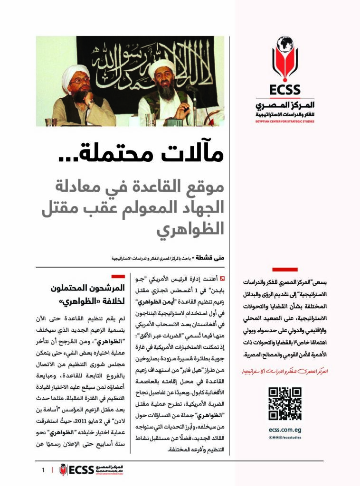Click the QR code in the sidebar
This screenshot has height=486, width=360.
(284, 403)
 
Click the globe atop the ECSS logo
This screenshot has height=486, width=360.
(285, 44)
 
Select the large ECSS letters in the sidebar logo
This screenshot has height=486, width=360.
(284, 90)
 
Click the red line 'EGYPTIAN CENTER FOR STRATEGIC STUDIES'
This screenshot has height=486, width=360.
(284, 121)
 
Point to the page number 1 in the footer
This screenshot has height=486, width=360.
(43, 470)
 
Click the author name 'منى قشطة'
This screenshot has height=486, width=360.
(212, 258)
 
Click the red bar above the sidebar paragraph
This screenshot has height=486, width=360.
(285, 269)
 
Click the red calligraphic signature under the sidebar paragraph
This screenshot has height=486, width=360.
(284, 370)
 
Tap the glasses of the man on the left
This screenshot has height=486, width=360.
(79, 81)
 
